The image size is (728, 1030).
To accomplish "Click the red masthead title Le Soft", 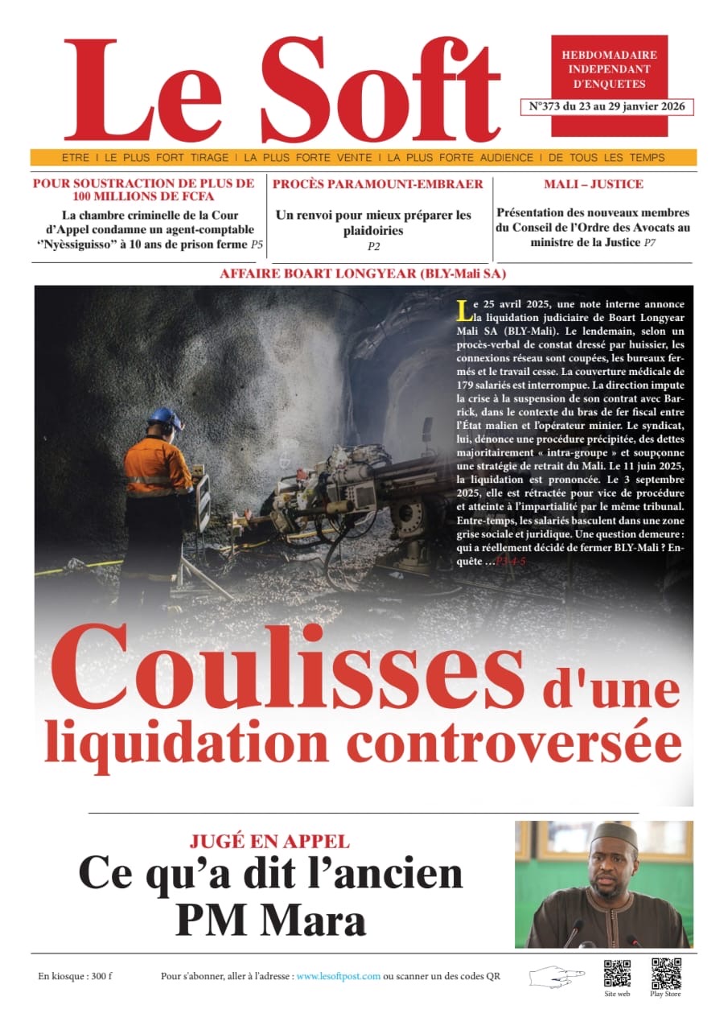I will click(282, 90).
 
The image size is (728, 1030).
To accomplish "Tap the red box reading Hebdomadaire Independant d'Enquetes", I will click(609, 69).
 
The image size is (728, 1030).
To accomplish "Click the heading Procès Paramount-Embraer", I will click(378, 184).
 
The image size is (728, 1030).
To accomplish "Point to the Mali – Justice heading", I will click(593, 184).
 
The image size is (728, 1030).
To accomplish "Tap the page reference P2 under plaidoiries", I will click(373, 247).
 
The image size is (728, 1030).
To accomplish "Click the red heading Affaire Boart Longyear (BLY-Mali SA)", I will click(363, 274).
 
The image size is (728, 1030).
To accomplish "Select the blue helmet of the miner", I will click(166, 418).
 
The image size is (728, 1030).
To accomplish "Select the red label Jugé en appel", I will click(269, 842).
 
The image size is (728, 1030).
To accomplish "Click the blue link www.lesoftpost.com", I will click(338, 976).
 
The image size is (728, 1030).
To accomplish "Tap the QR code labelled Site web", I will click(617, 973).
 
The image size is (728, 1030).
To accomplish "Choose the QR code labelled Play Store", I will click(665, 973).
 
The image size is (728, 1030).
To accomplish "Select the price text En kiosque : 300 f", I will click(75, 976).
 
